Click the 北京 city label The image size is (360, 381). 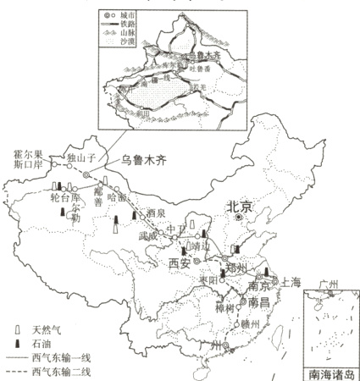click(x=240, y=207)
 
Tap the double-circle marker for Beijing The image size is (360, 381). click(x=240, y=218)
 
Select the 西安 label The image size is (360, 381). click(x=180, y=263)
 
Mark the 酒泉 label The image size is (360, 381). click(x=156, y=213)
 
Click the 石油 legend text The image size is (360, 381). click(x=39, y=343)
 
